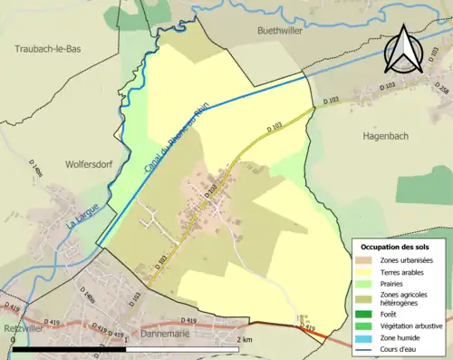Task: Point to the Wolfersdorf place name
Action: pyautogui.click(x=88, y=165)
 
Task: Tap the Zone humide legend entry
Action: pyautogui.click(x=400, y=334)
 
